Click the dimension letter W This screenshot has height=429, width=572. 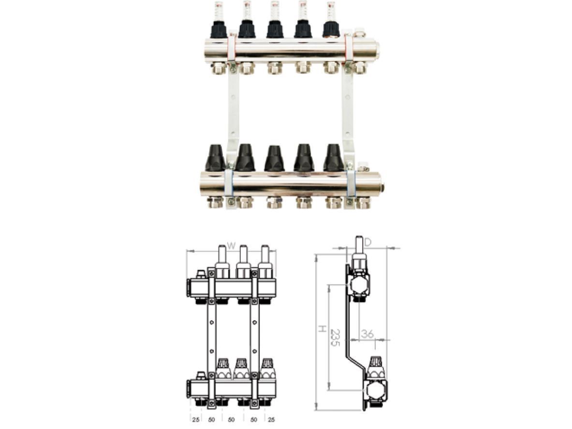click(231, 246)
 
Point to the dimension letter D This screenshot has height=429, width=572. click(367, 242)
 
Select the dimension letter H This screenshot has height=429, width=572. click(322, 329)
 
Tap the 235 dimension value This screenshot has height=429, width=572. click(335, 338)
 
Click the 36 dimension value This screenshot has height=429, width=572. click(367, 333)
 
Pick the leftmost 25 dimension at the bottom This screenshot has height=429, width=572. click(195, 420)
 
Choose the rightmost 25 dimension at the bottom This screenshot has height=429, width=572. click(271, 420)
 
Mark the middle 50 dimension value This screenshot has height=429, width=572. click(231, 420)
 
